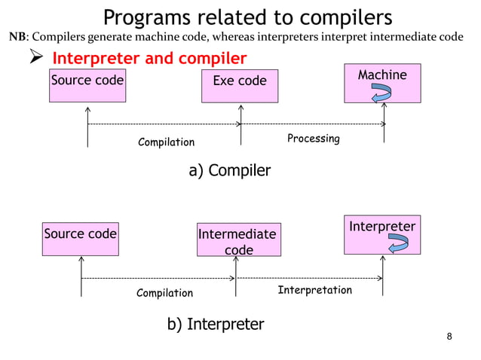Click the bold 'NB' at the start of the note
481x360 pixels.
[17, 37]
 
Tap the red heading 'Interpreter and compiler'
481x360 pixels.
[149, 59]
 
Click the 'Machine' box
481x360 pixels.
[382, 83]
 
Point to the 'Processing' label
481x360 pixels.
[314, 139]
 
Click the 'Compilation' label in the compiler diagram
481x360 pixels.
[166, 142]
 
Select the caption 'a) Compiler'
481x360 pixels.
[229, 171]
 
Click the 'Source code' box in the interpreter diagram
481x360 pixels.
[81, 239]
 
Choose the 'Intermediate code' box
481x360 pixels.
[237, 242]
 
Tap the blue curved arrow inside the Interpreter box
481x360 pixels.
[397, 244]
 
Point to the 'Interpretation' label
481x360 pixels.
[314, 290]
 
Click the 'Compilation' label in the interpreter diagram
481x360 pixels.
[164, 293]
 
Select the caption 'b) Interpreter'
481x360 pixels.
[216, 324]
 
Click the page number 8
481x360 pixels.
[449, 336]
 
